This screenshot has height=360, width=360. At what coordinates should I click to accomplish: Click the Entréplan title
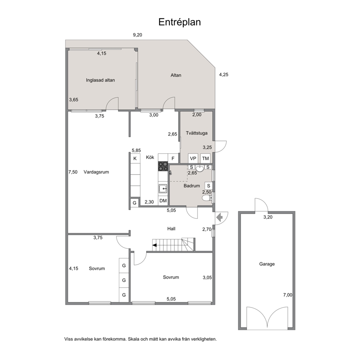coord(180,22)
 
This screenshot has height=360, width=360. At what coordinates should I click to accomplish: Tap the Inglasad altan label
coord(100,80)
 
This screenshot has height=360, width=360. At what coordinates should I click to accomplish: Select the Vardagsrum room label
coord(96,172)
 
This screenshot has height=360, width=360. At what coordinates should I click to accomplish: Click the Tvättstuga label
coord(197,133)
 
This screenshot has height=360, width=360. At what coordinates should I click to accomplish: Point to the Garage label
coord(267,264)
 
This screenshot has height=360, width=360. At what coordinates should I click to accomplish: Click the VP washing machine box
coord(193,159)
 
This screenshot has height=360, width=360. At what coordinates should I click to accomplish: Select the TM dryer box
coord(205,159)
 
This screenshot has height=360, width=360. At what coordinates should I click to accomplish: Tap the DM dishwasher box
coord(163,201)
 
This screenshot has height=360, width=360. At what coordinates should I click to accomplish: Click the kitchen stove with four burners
coord(163,166)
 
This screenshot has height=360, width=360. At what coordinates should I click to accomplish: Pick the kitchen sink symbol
coord(163,188)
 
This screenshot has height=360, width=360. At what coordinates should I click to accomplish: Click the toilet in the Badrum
coord(207,198)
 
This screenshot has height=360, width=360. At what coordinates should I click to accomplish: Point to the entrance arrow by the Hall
coord(220,217)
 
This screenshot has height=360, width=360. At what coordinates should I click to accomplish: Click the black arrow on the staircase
coord(155,245)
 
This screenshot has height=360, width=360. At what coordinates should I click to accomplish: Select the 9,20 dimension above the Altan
coord(138,35)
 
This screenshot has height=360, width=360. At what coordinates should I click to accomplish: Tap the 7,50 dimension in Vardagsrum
coord(73,172)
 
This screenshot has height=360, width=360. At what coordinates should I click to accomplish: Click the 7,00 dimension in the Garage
coord(288,295)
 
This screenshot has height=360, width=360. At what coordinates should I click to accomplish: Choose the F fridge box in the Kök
coord(173,159)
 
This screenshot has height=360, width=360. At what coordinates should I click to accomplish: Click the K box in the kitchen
coord(135,159)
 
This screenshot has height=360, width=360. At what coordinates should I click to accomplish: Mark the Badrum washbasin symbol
coord(200,168)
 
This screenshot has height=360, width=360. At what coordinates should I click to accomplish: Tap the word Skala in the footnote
coord(134,339)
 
